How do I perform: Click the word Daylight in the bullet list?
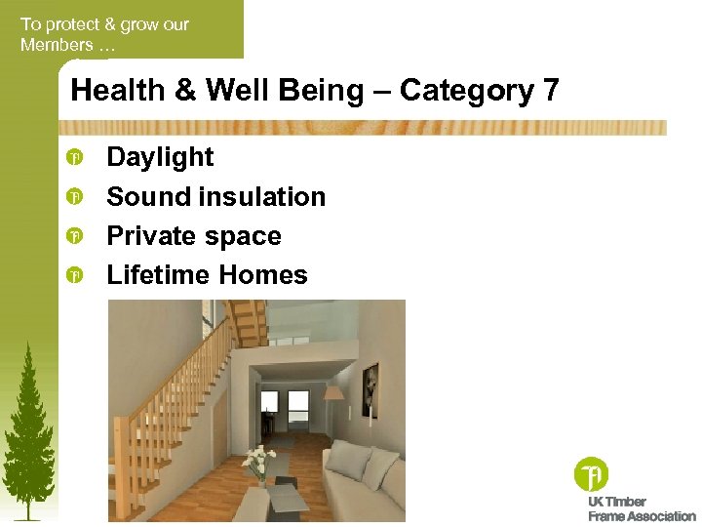click(x=160, y=157)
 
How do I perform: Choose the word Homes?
click(x=262, y=275)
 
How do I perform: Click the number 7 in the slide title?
click(x=551, y=91)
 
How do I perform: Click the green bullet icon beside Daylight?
click(x=73, y=158)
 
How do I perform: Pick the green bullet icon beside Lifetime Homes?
click(x=73, y=276)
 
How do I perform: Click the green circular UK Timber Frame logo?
click(x=591, y=474)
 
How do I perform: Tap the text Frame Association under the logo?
click(x=642, y=516)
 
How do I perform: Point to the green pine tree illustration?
click(x=26, y=429)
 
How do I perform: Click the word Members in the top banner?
click(x=57, y=45)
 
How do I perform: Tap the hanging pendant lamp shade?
click(x=332, y=392)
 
